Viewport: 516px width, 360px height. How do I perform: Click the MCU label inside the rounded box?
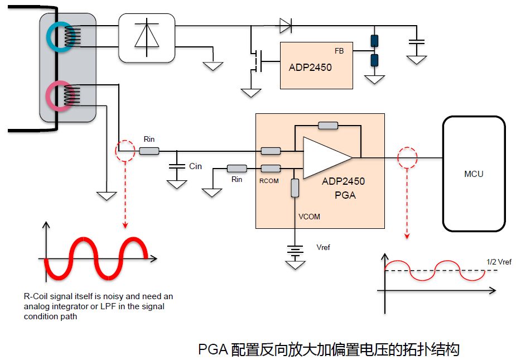[x=474, y=174]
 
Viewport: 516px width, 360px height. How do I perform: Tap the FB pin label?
[x=339, y=51]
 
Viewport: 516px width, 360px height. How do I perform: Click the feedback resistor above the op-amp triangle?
[x=327, y=125]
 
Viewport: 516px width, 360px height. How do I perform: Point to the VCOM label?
[x=309, y=216]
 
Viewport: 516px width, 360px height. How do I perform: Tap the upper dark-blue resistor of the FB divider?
[x=374, y=41]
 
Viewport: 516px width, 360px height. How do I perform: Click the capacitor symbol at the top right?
[x=416, y=41]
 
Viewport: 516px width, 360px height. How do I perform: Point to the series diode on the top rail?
[x=285, y=24]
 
